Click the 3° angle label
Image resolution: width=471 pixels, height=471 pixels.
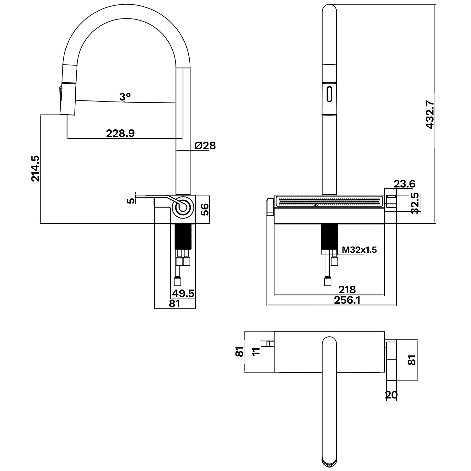[x=125, y=97]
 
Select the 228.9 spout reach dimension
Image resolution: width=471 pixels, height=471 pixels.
[x=120, y=133]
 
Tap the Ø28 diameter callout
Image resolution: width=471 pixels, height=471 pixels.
[x=205, y=145]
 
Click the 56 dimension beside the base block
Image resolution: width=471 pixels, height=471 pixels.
[x=204, y=209]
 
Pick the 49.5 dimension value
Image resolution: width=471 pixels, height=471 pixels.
[x=183, y=293]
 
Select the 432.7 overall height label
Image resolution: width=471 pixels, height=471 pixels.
[x=430, y=114]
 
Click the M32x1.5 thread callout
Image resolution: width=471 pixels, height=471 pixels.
[x=359, y=250]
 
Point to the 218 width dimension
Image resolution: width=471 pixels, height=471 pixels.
[x=347, y=289]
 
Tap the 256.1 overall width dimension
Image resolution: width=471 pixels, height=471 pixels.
[x=347, y=300]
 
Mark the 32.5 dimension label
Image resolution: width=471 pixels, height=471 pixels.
[x=415, y=203]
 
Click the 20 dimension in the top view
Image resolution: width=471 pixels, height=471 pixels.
[x=391, y=395]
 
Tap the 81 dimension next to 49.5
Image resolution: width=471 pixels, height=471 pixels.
[x=175, y=304]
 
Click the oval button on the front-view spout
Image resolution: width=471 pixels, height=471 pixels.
[x=329, y=94]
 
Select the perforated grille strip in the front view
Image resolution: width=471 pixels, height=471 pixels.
[x=329, y=201]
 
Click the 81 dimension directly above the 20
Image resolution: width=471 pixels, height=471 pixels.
[x=413, y=360]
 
